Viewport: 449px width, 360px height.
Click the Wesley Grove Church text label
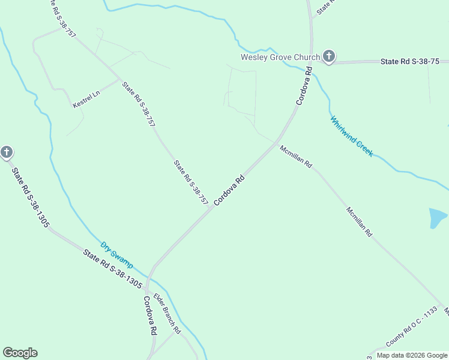point(280,58)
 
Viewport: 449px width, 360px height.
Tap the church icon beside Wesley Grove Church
point(328,57)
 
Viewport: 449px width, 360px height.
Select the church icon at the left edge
point(7,152)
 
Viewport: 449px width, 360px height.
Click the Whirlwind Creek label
point(351,136)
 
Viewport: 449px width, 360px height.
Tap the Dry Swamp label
point(116,255)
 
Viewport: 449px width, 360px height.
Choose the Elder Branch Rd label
point(167,313)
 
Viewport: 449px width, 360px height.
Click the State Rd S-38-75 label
point(410,62)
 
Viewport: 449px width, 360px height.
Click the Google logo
point(20,353)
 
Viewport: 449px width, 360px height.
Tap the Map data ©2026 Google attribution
point(412,355)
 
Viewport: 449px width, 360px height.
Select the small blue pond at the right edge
point(439,218)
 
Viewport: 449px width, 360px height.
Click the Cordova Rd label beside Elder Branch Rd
point(149,315)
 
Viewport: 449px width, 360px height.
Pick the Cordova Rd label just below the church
point(305,87)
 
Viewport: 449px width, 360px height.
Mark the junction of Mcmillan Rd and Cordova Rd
point(276,144)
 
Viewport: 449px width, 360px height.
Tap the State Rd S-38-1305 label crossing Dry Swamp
point(112,268)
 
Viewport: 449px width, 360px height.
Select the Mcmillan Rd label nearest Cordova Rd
point(296,156)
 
